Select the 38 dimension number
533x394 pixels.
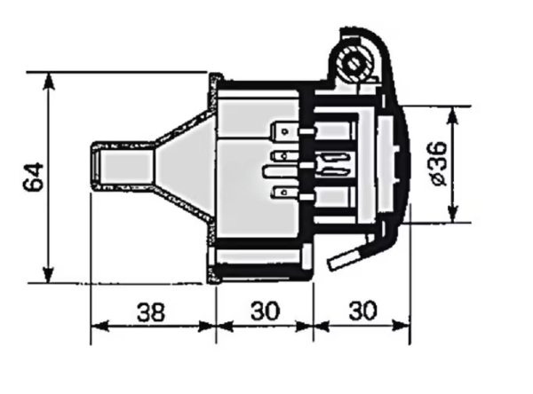(x=151, y=311)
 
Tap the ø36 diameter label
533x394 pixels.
(x=439, y=163)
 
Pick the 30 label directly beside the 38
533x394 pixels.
(x=265, y=311)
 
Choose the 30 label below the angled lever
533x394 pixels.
(x=363, y=311)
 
